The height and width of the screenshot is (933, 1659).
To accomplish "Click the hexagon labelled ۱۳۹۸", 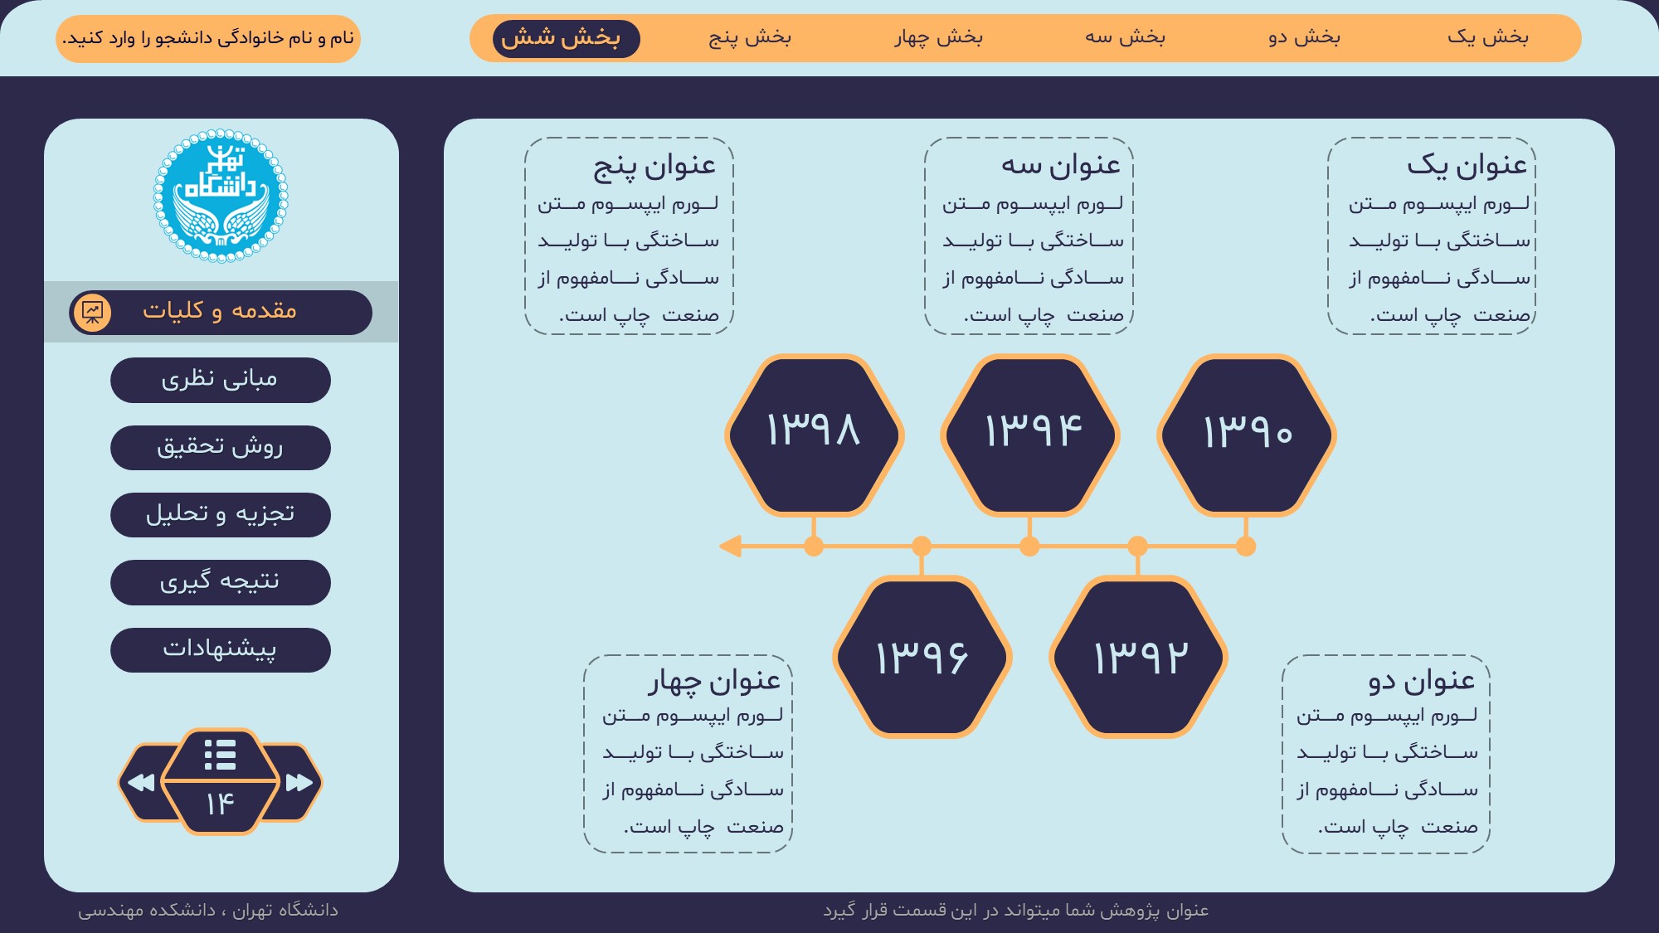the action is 814,435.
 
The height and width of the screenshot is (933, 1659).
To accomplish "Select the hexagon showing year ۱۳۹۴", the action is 1030,435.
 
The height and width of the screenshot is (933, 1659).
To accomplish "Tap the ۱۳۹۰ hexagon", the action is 1246,435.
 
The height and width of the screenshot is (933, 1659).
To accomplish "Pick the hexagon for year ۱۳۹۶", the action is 922,657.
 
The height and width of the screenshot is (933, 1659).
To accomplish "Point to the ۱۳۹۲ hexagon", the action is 1138,657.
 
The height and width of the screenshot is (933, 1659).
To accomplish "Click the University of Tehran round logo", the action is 221,196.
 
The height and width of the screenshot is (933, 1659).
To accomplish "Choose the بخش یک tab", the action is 1488,37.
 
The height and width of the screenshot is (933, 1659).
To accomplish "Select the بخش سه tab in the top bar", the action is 1126,37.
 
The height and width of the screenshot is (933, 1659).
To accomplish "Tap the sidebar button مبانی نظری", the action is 221,380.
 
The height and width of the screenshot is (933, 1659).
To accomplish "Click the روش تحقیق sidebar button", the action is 221,448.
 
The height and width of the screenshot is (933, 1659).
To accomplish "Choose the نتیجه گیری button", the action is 221,582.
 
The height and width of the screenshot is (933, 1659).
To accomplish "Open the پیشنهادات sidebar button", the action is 221,649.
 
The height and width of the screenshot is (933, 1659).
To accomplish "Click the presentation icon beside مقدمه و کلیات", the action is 92,313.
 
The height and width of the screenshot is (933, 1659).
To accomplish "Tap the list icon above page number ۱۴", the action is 220,755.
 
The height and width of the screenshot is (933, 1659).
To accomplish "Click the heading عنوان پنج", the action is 654,166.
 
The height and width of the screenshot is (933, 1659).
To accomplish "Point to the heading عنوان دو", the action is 1422,681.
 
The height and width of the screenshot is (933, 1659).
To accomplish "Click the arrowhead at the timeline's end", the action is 730,546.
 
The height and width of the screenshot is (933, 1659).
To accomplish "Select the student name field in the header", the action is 208,39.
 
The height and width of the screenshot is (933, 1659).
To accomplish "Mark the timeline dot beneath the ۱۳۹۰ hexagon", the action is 1246,546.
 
